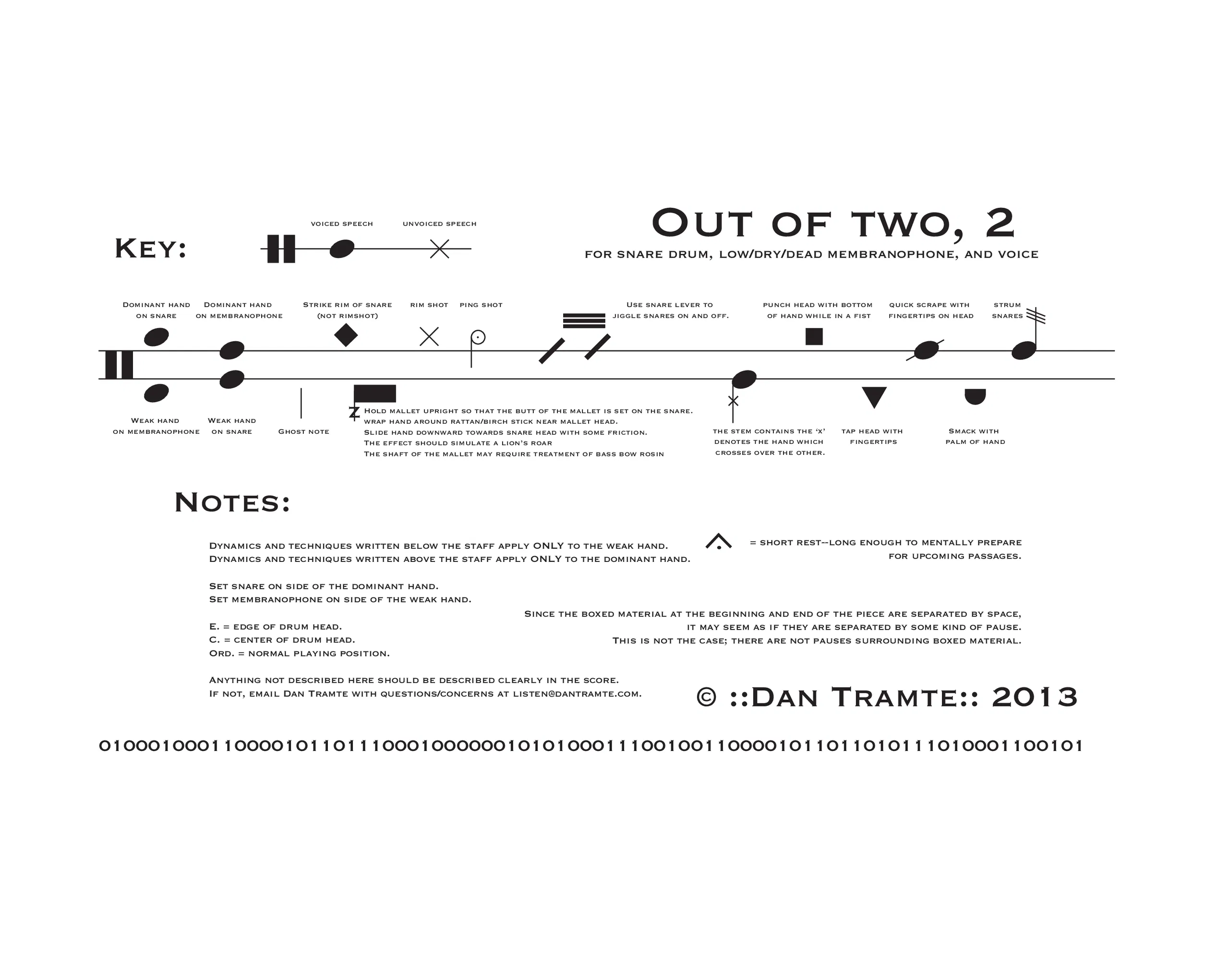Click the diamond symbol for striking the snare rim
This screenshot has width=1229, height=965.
(346, 335)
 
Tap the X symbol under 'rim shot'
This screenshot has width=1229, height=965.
(429, 337)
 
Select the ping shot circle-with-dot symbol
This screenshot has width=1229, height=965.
(478, 337)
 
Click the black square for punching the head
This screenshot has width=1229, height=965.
(814, 337)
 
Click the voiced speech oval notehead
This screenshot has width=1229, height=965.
(342, 249)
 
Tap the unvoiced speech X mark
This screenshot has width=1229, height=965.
(440, 249)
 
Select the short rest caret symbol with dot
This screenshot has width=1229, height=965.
(719, 541)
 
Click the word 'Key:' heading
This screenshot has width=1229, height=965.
(150, 249)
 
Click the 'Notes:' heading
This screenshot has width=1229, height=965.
(232, 502)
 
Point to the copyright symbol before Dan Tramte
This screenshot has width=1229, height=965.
(706, 697)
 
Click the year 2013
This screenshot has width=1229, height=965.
(1035, 697)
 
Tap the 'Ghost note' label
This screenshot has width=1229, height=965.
(303, 432)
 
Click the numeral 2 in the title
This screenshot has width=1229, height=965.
(1000, 223)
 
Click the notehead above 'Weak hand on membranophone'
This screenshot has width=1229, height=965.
(156, 393)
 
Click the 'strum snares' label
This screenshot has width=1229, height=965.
(1007, 310)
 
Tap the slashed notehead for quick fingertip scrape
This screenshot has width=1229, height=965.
(926, 350)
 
